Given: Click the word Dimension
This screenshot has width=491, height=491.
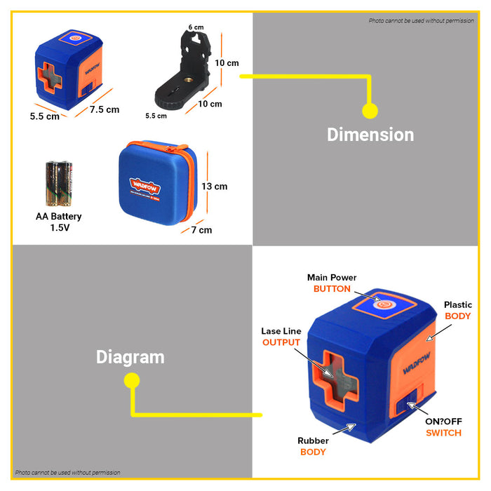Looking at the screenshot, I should (x=370, y=135).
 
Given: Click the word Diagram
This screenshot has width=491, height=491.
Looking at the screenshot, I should (x=130, y=357).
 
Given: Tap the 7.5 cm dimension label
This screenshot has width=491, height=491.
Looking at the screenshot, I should (x=104, y=109).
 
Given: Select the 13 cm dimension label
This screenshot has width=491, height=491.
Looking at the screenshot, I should (x=215, y=187).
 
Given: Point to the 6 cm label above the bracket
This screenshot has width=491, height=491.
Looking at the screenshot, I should (x=196, y=27).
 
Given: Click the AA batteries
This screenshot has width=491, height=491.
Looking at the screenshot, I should (x=59, y=182).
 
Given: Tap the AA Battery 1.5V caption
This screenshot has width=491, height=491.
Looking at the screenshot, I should (x=59, y=222).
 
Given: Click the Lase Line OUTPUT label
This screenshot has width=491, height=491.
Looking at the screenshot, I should (x=281, y=337).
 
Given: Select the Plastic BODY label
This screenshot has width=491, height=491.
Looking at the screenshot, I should (x=458, y=311).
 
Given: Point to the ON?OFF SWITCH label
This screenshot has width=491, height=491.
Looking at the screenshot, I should (x=443, y=427).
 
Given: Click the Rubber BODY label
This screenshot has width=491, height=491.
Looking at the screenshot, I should (x=313, y=446).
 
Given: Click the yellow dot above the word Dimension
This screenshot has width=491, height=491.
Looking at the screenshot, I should (x=370, y=111).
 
